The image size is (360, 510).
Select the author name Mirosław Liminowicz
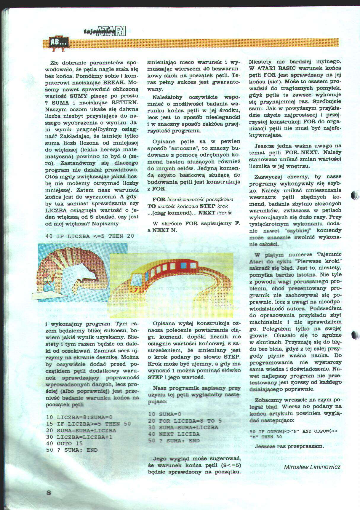312,467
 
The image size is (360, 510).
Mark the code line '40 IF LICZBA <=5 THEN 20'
90,236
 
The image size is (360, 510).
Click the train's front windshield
136,278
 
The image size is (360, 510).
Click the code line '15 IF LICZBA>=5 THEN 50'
88,424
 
